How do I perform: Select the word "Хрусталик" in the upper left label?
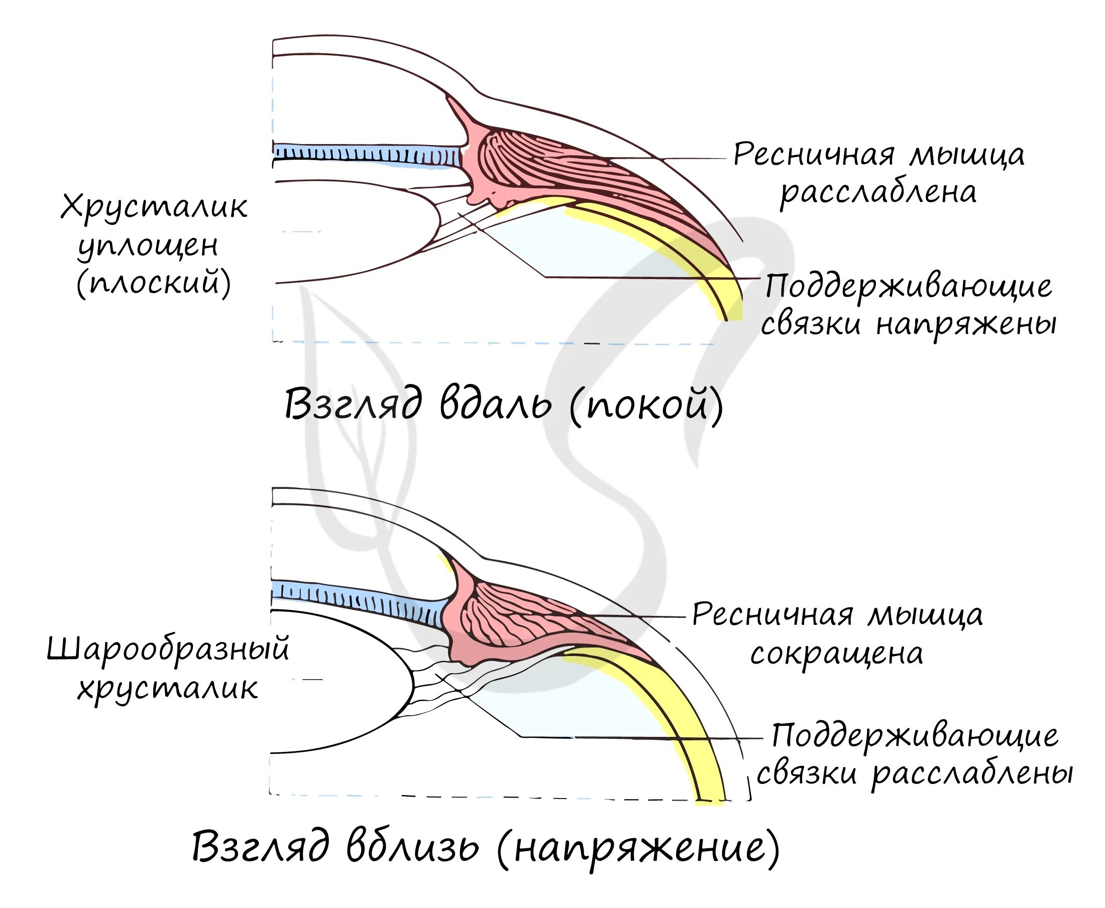[x=154, y=207]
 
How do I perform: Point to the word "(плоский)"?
[x=154, y=284]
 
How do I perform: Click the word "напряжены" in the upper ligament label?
[x=966, y=324]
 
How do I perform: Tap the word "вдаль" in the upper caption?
[x=495, y=405]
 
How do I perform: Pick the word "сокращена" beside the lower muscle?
[x=836, y=654]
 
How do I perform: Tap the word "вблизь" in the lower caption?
[x=412, y=847]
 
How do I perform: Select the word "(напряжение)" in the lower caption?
[x=638, y=848]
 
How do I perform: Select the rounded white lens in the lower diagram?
[x=335, y=680]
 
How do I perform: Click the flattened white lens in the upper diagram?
[x=346, y=230]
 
